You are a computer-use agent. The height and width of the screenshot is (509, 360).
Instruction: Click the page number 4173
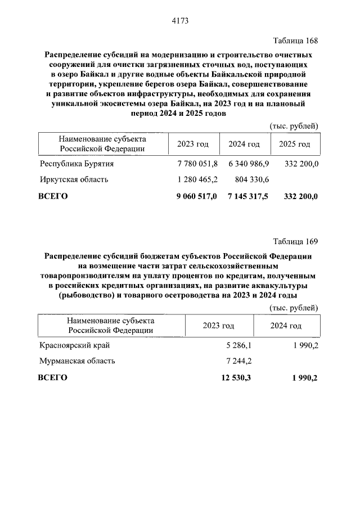click(x=179, y=21)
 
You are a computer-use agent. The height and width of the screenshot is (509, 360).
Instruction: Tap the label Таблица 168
click(x=295, y=41)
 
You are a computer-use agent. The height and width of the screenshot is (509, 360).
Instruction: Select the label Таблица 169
click(x=295, y=242)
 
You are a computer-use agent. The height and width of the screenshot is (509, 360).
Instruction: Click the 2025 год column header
click(x=294, y=145)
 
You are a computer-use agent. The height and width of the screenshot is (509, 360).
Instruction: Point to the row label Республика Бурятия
click(x=76, y=164)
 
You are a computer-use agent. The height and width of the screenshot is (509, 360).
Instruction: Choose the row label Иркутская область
click(x=74, y=180)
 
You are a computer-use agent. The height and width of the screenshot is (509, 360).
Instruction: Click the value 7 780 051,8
click(x=197, y=164)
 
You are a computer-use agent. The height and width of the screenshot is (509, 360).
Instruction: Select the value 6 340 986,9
click(x=249, y=164)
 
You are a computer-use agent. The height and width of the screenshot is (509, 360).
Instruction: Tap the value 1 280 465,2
click(x=197, y=180)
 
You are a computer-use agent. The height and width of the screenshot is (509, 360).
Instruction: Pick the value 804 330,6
click(x=252, y=180)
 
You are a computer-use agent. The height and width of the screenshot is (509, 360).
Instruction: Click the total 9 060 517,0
click(x=197, y=196)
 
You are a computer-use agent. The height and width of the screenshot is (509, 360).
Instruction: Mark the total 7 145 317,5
click(x=249, y=196)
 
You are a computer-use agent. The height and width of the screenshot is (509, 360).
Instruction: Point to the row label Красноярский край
click(x=75, y=345)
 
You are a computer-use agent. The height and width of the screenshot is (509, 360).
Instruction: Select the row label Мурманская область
click(x=78, y=361)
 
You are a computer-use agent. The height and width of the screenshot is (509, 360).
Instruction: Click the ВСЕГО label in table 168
click(x=52, y=196)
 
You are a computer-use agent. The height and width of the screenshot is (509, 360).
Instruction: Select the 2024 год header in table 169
click(x=285, y=326)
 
